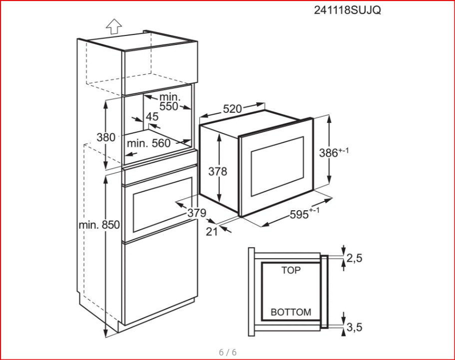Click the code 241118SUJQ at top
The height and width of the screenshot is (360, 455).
[x=347, y=10]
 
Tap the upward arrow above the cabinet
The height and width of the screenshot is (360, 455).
[x=114, y=26]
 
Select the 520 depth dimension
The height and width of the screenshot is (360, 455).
[x=232, y=109]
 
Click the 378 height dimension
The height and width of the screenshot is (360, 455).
[x=218, y=171]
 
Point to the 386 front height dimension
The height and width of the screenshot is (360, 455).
[x=334, y=152]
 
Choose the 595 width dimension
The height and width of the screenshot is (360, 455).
[x=305, y=214]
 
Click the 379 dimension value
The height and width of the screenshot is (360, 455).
[x=197, y=213]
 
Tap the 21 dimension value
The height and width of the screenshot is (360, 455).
[x=212, y=232]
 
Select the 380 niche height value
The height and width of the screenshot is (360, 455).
[x=106, y=137]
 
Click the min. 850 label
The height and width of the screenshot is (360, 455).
[x=99, y=225]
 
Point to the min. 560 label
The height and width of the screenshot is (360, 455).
[x=148, y=143]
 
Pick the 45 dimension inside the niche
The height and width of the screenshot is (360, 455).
[x=152, y=117]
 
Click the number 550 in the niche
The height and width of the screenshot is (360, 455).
[x=169, y=106]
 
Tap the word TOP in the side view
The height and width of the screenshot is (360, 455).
[x=291, y=270]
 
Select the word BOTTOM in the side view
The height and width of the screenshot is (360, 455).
[x=291, y=312]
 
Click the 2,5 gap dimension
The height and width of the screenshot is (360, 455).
[x=355, y=258]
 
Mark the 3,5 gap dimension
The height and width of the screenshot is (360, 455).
[x=355, y=327]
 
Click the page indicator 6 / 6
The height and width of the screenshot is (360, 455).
[x=228, y=353]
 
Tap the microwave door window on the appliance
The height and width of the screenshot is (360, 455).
[x=277, y=166]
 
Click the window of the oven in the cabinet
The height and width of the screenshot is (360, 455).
[x=162, y=206]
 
